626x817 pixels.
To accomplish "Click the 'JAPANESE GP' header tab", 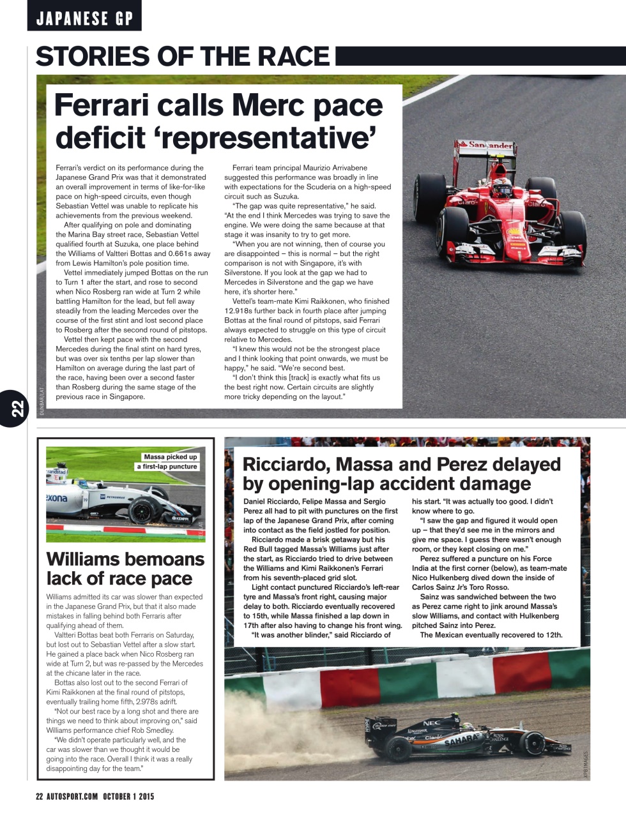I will point(84,18).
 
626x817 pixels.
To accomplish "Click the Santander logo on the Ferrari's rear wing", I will point(491,146).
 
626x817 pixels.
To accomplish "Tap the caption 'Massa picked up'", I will point(171,457).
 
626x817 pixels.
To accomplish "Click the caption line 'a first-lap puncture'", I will point(167,467).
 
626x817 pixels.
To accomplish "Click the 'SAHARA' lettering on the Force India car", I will point(462,740).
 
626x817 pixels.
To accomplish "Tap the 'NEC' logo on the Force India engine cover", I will point(432,723).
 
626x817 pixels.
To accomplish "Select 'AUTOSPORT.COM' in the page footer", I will point(72,797).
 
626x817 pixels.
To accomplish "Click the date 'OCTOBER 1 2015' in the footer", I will point(128,797).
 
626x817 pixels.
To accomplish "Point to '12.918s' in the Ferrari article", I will point(240,311).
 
